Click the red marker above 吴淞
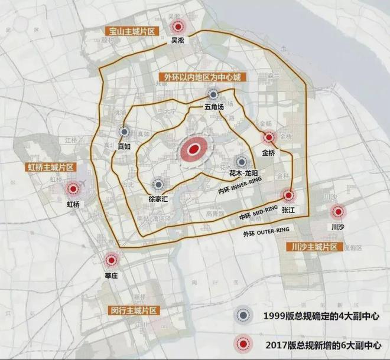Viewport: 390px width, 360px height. tap(177, 27)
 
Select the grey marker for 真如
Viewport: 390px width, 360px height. tap(124, 133)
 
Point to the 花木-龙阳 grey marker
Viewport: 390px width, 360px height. tap(241, 161)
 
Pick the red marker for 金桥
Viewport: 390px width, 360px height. tap(269, 138)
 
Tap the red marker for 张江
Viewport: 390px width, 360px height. tap(288, 195)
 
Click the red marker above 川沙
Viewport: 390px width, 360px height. tap(338, 211)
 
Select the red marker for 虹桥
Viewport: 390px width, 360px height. tap(73, 189)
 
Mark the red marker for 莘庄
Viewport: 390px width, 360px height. tap(111, 260)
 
